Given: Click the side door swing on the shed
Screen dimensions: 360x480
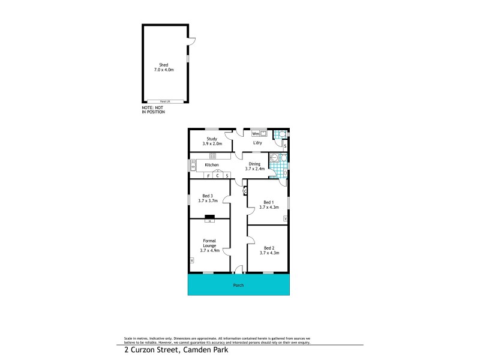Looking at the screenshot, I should pyautogui.click(x=192, y=41).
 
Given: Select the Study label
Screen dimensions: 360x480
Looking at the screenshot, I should pyautogui.click(x=211, y=141).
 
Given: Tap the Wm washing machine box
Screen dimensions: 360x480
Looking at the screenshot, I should pyautogui.click(x=256, y=133).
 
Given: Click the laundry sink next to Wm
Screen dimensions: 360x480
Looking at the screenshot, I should pyautogui.click(x=263, y=133).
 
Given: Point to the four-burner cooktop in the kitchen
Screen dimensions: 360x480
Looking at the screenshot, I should pyautogui.click(x=212, y=157).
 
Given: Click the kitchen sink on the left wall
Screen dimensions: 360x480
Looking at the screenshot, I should pyautogui.click(x=193, y=164).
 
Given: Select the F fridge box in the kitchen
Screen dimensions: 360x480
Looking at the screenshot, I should pyautogui.click(x=208, y=176).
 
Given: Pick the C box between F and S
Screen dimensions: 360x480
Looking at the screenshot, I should pyautogui.click(x=218, y=176).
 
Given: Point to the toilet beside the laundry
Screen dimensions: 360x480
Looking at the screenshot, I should pyautogui.click(x=279, y=135).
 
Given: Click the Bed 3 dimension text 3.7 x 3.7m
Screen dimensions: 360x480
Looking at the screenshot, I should pyautogui.click(x=208, y=200).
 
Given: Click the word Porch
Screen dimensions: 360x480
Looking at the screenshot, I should pyautogui.click(x=238, y=285).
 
